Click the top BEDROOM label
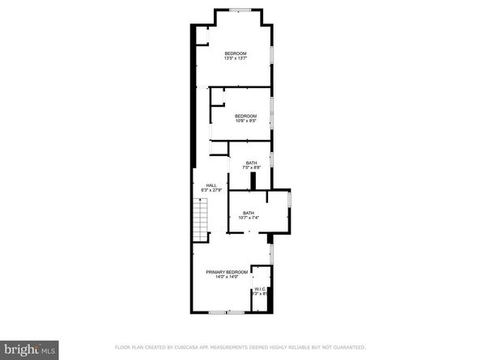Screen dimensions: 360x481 [235, 53]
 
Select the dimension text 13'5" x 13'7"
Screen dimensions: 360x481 [235, 58]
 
